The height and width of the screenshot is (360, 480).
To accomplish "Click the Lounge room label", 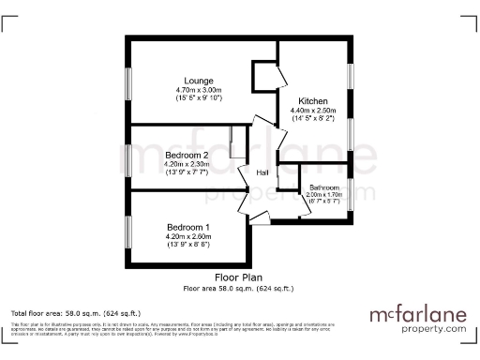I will [198, 81].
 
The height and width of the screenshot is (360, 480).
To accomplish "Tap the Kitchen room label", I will [312, 100].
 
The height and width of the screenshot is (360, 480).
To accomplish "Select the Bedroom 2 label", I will [187, 155].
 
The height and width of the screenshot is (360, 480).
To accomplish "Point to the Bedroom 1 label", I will [188, 228].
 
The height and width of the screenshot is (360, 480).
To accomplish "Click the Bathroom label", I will [325, 187].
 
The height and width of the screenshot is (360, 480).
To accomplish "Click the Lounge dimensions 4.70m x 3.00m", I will [198, 90].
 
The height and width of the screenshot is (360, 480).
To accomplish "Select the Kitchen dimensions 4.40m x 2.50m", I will [312, 111].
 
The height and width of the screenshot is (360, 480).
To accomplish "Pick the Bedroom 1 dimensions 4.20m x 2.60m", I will [188, 237].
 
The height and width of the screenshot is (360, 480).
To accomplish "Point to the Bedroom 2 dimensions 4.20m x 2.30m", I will [187, 165].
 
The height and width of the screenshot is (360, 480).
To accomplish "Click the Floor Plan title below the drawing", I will [238, 278].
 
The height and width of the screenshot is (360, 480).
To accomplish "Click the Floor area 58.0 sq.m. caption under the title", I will [238, 288].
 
